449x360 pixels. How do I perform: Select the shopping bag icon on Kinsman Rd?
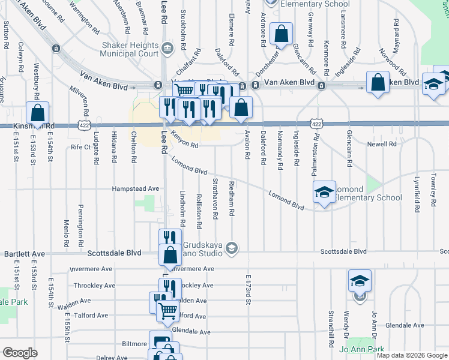37,113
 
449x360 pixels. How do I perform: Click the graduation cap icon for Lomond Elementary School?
324,193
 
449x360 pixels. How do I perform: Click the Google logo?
20,353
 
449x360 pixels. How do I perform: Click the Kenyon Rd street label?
184,140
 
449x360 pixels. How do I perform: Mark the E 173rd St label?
247,289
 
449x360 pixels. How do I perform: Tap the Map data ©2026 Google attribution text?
411,355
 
